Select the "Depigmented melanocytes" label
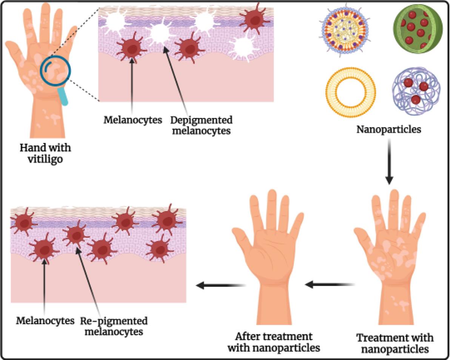pos(201,126)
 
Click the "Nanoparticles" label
pos(389,130)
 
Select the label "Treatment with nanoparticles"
pos(395,343)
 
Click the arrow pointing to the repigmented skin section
pos(219,285)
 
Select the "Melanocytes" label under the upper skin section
pos(133,120)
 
